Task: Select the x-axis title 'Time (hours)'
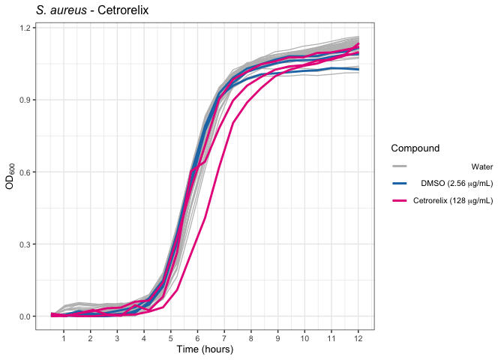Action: [205, 349]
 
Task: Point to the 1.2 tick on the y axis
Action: [25, 28]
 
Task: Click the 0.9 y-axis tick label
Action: [25, 100]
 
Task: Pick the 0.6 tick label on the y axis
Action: [25, 172]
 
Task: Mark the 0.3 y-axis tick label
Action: [25, 244]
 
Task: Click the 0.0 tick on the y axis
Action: [25, 316]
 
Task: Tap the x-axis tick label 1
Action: [64, 337]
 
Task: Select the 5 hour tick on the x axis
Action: [170, 337]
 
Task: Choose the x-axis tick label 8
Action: [250, 337]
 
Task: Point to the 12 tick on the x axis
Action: [358, 337]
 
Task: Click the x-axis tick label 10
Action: [304, 337]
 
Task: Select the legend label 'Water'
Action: [482, 166]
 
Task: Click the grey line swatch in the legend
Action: [400, 166]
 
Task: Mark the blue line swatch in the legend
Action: [400, 184]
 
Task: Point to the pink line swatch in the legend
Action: [400, 201]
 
